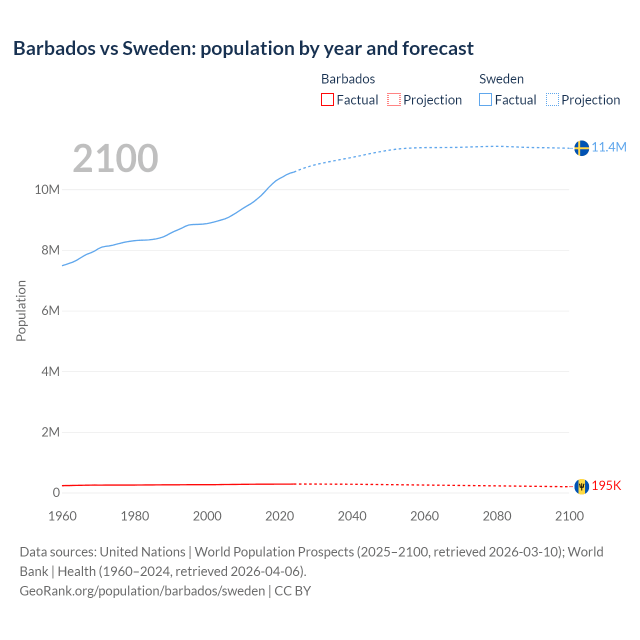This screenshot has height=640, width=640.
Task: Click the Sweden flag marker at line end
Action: (x=581, y=148)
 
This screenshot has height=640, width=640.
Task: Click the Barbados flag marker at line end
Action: (x=581, y=486)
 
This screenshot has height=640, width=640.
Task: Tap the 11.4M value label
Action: (x=609, y=147)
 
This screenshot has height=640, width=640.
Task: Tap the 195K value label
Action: (x=606, y=486)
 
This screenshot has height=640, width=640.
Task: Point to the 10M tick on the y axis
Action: (x=47, y=189)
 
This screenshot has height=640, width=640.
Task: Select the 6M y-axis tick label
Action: (x=50, y=310)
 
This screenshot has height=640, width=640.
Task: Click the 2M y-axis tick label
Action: (x=50, y=432)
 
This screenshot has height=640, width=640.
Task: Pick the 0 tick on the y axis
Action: (x=56, y=492)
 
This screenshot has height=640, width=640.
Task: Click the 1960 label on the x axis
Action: (x=62, y=516)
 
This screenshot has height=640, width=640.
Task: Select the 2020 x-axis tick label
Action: (x=279, y=516)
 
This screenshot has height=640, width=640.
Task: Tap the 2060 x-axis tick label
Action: (x=424, y=516)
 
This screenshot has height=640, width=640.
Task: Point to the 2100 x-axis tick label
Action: (x=569, y=516)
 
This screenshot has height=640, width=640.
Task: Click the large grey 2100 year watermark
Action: (x=115, y=158)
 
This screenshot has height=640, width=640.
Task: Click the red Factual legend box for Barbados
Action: (x=327, y=100)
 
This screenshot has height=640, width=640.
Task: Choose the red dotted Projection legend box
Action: (x=394, y=100)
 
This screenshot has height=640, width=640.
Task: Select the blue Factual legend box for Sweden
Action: (x=485, y=100)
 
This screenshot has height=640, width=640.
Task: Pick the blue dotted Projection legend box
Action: (x=552, y=100)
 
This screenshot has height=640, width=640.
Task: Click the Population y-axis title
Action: (x=21, y=310)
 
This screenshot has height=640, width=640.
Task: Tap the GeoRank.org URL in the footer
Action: (x=142, y=591)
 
